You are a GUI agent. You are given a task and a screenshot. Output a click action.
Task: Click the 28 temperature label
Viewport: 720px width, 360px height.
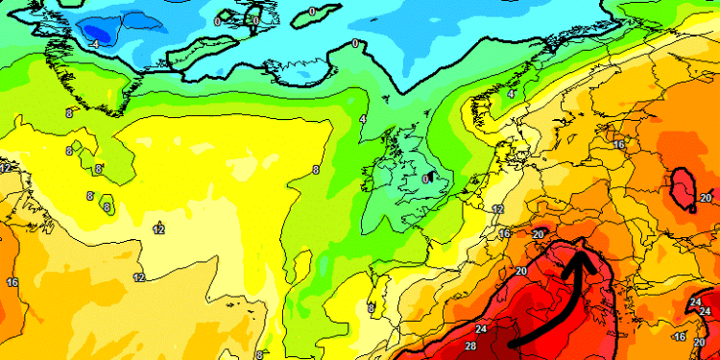click(470, 346)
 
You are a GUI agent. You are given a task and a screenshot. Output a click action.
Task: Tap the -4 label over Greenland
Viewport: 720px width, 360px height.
click(95, 44)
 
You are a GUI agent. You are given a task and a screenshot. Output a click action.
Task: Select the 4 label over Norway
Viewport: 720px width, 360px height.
click(511, 94)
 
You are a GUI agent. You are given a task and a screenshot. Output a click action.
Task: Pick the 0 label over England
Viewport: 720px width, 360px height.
click(426, 178)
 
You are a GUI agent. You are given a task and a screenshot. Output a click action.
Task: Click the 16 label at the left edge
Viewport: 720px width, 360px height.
click(12, 282)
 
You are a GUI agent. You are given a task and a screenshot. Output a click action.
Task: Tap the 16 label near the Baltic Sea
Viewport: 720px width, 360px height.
click(619, 145)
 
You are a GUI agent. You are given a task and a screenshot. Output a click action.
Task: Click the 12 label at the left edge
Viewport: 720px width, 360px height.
click(6, 167)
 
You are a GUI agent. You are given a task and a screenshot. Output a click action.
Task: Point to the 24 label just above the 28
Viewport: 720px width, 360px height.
click(481, 329)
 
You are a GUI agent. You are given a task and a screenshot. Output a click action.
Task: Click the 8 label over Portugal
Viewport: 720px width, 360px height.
click(371, 308)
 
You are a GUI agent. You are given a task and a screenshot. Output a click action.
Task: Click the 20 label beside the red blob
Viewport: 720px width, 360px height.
click(706, 198)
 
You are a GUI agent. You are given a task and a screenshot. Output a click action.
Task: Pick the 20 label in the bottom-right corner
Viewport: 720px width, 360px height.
click(699, 342)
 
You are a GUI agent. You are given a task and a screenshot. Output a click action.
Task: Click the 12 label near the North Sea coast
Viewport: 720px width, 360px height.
click(498, 209)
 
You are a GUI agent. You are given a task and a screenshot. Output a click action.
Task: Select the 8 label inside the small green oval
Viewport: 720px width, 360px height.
click(107, 206)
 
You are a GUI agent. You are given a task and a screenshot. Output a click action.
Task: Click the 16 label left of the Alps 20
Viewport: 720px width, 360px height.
click(505, 233)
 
